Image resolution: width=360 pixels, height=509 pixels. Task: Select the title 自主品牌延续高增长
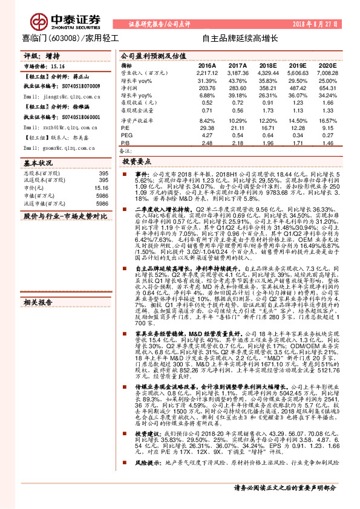click(x=240, y=39)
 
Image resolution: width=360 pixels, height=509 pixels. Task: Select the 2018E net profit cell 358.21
click(x=269, y=88)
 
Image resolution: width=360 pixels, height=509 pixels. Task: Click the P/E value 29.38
click(x=207, y=128)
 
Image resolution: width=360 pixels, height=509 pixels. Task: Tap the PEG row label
click(x=126, y=135)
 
